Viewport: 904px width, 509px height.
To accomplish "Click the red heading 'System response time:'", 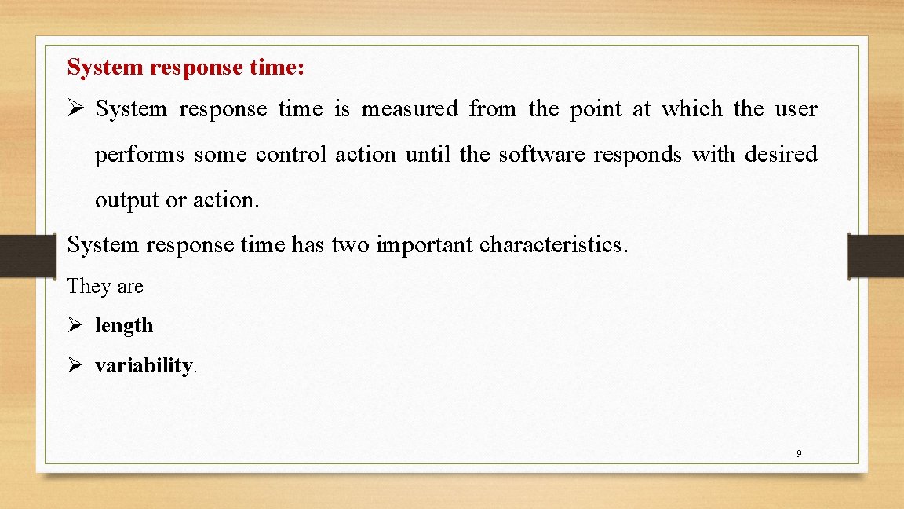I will [186, 68].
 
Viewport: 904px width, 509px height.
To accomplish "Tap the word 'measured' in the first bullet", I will [409, 109].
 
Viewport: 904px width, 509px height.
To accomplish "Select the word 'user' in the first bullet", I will [797, 109].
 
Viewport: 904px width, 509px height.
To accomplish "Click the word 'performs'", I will [139, 155].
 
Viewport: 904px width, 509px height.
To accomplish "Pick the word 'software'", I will [541, 155].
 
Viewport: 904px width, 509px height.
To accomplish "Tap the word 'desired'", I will [781, 155].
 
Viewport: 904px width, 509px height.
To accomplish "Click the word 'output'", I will [127, 200].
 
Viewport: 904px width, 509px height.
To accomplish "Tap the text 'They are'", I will [105, 286].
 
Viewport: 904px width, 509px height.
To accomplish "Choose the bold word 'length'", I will [124, 325].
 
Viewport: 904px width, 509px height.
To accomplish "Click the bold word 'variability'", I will [144, 366].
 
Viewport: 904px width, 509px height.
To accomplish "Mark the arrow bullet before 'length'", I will [75, 325].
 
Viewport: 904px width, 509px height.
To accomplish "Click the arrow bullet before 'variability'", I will [75, 366].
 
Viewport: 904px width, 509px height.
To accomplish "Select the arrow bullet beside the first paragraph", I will [75, 109].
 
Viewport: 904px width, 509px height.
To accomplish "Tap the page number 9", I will [799, 453].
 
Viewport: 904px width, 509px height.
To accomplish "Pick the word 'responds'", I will [637, 155].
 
